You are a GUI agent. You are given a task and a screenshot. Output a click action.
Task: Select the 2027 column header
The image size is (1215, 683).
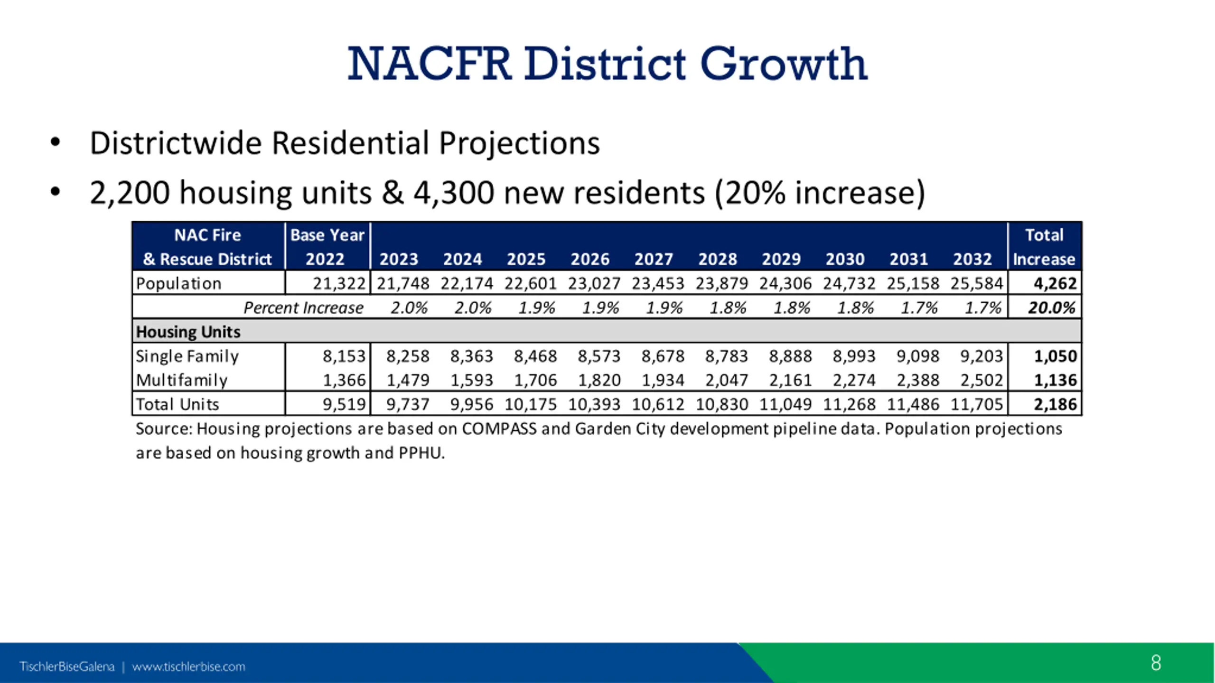654,259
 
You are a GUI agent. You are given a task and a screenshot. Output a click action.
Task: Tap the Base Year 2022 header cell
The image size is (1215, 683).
327,247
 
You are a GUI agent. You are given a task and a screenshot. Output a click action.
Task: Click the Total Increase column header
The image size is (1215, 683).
1044,247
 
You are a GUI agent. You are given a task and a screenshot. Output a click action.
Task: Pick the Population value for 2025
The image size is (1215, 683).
530,283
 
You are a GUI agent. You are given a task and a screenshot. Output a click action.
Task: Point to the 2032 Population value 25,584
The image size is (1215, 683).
977,283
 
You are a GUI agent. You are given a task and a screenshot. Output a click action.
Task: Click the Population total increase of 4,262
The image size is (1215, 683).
1055,283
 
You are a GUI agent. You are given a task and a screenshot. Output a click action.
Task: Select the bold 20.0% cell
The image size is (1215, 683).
1051,308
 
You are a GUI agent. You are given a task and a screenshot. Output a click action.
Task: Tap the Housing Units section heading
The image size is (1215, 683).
188,332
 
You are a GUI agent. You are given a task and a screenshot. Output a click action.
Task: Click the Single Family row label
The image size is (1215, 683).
187,356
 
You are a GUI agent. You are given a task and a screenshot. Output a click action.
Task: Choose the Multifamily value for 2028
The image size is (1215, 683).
727,380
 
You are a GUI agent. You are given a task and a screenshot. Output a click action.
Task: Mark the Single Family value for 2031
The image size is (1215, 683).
917,356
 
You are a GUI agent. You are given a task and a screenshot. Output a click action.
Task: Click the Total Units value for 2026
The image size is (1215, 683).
594,404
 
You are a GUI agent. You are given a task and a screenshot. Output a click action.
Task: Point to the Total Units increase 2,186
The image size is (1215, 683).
1055,404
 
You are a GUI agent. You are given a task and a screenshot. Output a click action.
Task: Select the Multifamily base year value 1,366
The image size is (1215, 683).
344,380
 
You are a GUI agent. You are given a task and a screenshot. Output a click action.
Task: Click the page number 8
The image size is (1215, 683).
1156,663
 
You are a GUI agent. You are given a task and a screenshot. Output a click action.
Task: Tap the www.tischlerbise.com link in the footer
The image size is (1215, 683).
188,667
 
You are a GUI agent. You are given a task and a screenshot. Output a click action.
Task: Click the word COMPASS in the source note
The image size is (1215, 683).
499,429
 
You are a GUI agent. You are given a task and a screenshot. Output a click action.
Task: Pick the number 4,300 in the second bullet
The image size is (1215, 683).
453,193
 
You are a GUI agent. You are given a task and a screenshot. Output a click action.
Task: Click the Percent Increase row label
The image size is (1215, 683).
303,308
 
